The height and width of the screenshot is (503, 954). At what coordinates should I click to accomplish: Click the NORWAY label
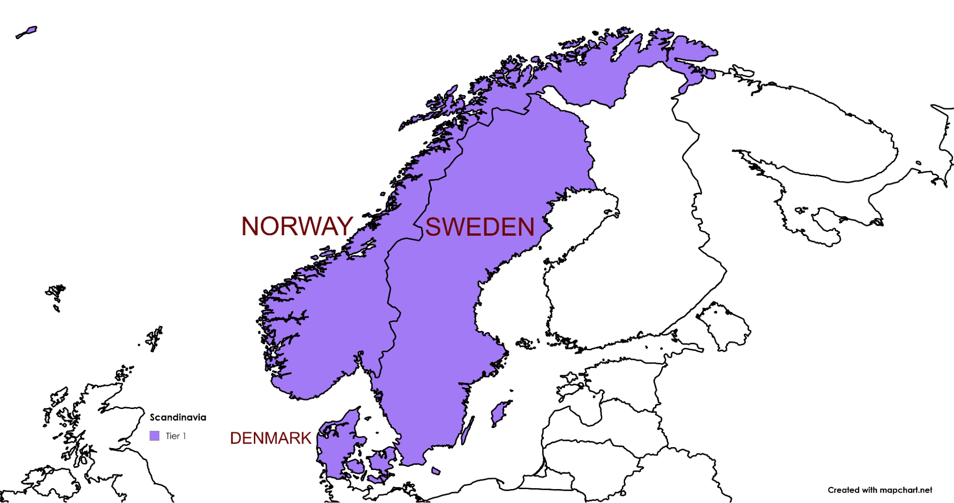point(297,226)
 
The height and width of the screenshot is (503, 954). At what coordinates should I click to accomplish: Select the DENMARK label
point(271,438)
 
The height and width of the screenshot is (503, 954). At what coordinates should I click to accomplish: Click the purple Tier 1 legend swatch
point(154,436)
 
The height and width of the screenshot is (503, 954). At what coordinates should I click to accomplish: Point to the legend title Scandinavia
point(178,418)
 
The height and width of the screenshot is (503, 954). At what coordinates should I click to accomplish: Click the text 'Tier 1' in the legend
point(176,436)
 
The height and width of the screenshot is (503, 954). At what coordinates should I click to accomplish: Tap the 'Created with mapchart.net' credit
point(880,490)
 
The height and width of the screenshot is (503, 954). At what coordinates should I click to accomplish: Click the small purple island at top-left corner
point(26,32)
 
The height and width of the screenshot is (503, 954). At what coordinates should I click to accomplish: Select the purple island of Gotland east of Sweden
point(500,413)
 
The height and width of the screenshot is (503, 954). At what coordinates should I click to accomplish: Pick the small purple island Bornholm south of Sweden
point(436,471)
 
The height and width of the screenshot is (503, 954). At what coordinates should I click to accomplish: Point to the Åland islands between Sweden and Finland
point(525,343)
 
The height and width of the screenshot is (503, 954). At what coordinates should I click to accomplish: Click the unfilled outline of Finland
point(630,267)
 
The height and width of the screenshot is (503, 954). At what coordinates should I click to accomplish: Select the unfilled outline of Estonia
point(620,382)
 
